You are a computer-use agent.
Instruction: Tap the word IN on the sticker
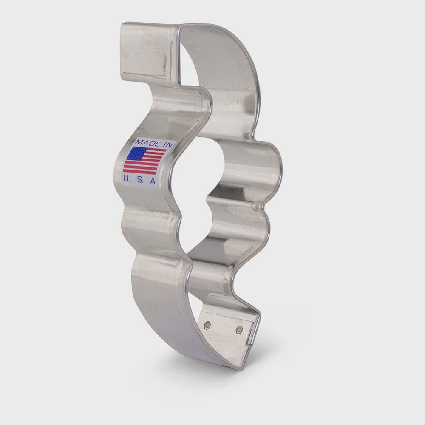click(167, 145)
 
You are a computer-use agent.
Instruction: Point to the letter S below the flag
click(139, 180)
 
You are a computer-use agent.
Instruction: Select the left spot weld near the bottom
click(207, 325)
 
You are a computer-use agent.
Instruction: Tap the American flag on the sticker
click(144, 161)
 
